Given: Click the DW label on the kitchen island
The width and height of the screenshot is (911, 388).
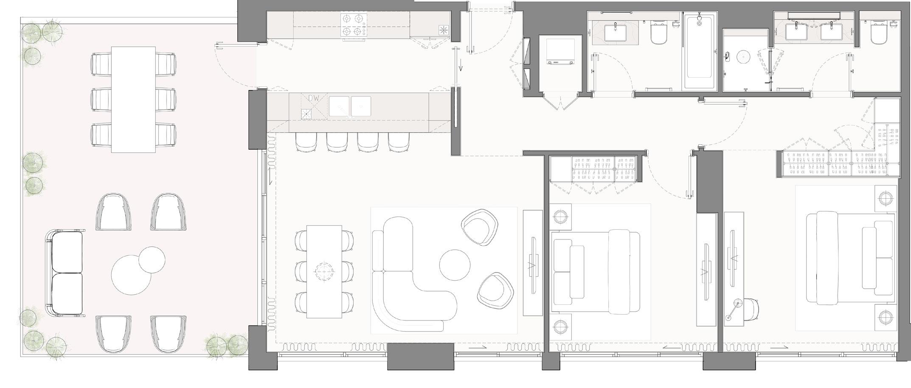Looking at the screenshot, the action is coord(313,98).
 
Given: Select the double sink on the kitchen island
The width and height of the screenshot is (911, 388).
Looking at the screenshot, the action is coord(350,106).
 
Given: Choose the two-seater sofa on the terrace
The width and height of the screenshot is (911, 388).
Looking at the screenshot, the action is coord(65,273).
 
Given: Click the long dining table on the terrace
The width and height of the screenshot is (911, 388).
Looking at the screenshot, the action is coord(133,99).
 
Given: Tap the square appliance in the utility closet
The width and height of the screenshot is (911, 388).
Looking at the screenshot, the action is coord(560,51).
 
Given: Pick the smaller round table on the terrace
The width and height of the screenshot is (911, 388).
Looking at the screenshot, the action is coord(152,259).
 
